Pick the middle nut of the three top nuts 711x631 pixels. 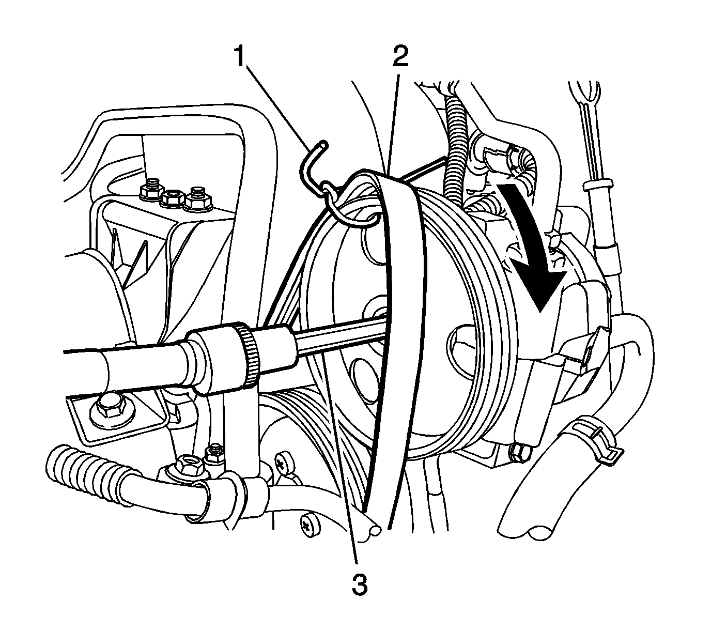[x=171, y=198]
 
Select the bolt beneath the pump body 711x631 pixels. [x=517, y=452]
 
